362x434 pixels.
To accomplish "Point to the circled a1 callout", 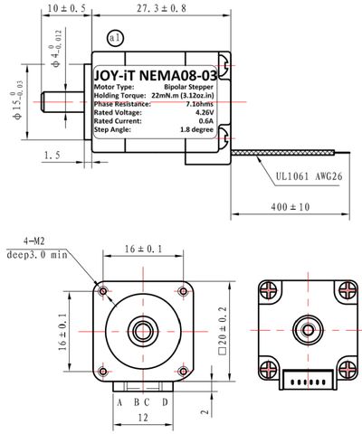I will tap(114, 38).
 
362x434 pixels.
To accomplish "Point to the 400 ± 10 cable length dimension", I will tap(290, 207).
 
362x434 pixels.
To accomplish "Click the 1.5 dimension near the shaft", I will tap(52, 156).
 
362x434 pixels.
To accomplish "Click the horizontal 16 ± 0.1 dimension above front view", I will tap(142, 249).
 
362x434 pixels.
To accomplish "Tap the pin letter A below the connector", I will tap(119, 401).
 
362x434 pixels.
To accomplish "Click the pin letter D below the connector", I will tap(165, 401).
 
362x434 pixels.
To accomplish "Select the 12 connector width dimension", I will tap(142, 417).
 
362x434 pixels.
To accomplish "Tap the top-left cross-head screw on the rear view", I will tap(268, 290).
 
